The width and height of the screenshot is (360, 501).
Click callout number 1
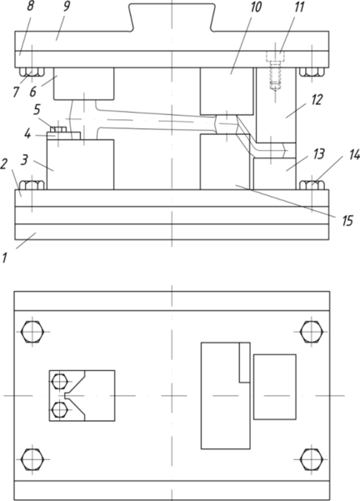pyautogui.click(x=4, y=258)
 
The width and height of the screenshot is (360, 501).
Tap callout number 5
pyautogui.click(x=37, y=109)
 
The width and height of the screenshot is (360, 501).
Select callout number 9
pyautogui.click(x=66, y=7)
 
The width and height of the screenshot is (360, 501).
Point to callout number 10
pyautogui.click(x=256, y=7)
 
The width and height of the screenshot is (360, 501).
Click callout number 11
pyautogui.click(x=298, y=7)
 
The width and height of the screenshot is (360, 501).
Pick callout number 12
pyautogui.click(x=317, y=100)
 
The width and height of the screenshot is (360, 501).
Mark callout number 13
pyautogui.click(x=319, y=153)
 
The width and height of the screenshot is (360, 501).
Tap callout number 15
pyautogui.click(x=347, y=220)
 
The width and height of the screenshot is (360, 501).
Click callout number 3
pyautogui.click(x=24, y=160)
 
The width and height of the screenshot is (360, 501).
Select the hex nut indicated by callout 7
pyautogui.click(x=32, y=73)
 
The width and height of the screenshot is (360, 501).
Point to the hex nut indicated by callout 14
pyautogui.click(x=312, y=185)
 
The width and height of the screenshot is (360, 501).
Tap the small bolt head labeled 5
pyautogui.click(x=58, y=129)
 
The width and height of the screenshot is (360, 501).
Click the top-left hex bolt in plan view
pyautogui.click(x=32, y=332)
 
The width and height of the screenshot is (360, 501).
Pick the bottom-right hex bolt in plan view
pyautogui.click(x=312, y=459)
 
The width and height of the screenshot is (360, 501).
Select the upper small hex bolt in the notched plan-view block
pyautogui.click(x=59, y=381)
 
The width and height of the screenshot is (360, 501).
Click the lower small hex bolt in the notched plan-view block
pyautogui.click(x=59, y=410)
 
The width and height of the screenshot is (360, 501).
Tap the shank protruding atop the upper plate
pyautogui.click(x=172, y=18)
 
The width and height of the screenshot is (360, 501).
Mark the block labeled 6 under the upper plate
pyautogui.click(x=83, y=83)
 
